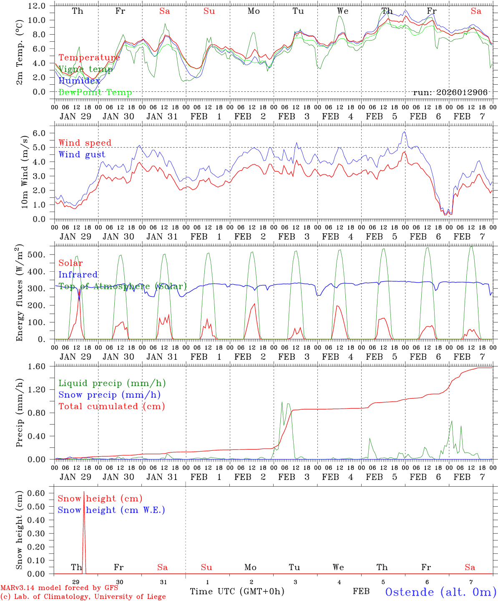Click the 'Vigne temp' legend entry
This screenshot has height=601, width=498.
click(86, 69)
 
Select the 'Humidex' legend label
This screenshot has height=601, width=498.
click(79, 81)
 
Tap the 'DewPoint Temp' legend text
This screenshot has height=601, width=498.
click(95, 93)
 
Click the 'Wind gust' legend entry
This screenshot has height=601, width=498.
click(82, 154)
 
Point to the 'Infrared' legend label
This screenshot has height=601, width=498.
click(78, 275)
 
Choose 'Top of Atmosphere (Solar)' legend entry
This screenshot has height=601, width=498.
click(122, 286)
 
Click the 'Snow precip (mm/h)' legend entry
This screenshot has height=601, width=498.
click(109, 395)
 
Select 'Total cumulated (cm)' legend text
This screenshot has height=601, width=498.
click(111, 407)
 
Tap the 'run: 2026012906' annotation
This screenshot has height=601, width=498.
click(450, 93)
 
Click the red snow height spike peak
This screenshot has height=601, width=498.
click(84, 492)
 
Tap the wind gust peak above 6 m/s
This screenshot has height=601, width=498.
click(404, 132)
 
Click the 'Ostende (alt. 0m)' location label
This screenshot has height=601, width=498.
click(440, 592)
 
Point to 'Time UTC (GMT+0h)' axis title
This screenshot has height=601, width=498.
click(237, 591)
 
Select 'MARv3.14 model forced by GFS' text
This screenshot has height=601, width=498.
click(59, 588)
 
